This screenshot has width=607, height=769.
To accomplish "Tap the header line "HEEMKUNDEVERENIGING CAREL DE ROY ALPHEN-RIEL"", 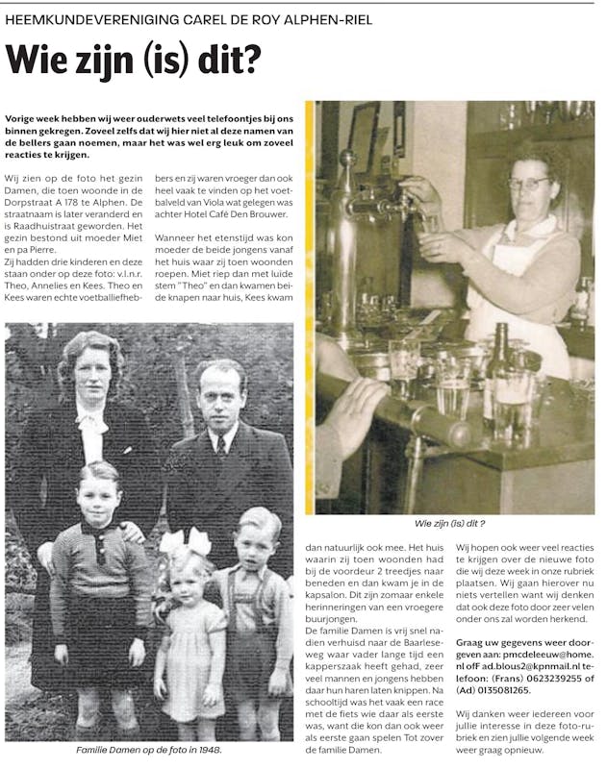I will [x=189, y=19].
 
